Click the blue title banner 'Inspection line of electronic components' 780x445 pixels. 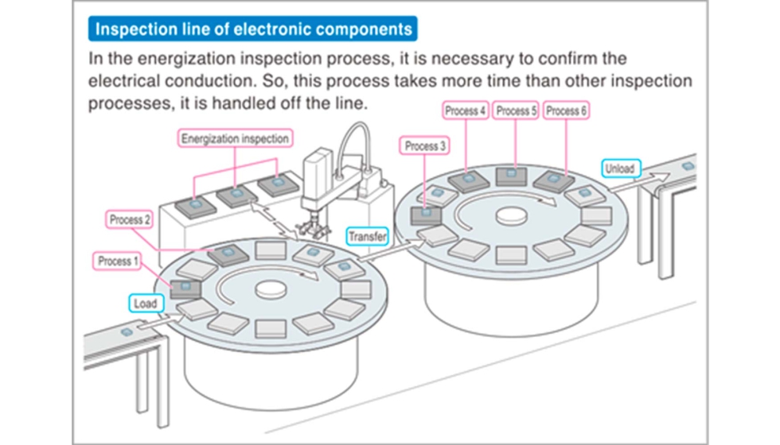(253, 29)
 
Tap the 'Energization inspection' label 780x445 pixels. (235, 138)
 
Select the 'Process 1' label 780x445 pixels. (118, 261)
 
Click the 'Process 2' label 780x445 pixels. (129, 219)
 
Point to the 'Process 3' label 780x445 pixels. (425, 146)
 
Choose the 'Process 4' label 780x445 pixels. (466, 110)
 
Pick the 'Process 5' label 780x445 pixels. (516, 110)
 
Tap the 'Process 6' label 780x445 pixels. (566, 110)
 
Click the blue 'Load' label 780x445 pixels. (146, 304)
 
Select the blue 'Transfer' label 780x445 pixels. (367, 237)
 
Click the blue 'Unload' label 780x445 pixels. (620, 168)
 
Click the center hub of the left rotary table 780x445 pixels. (271, 289)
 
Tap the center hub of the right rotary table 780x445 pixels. (511, 216)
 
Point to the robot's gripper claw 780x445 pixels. (313, 228)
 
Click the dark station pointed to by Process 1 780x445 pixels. (185, 288)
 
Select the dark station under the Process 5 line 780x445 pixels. (511, 176)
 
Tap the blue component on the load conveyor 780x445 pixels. (127, 331)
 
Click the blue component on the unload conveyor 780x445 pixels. (688, 166)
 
